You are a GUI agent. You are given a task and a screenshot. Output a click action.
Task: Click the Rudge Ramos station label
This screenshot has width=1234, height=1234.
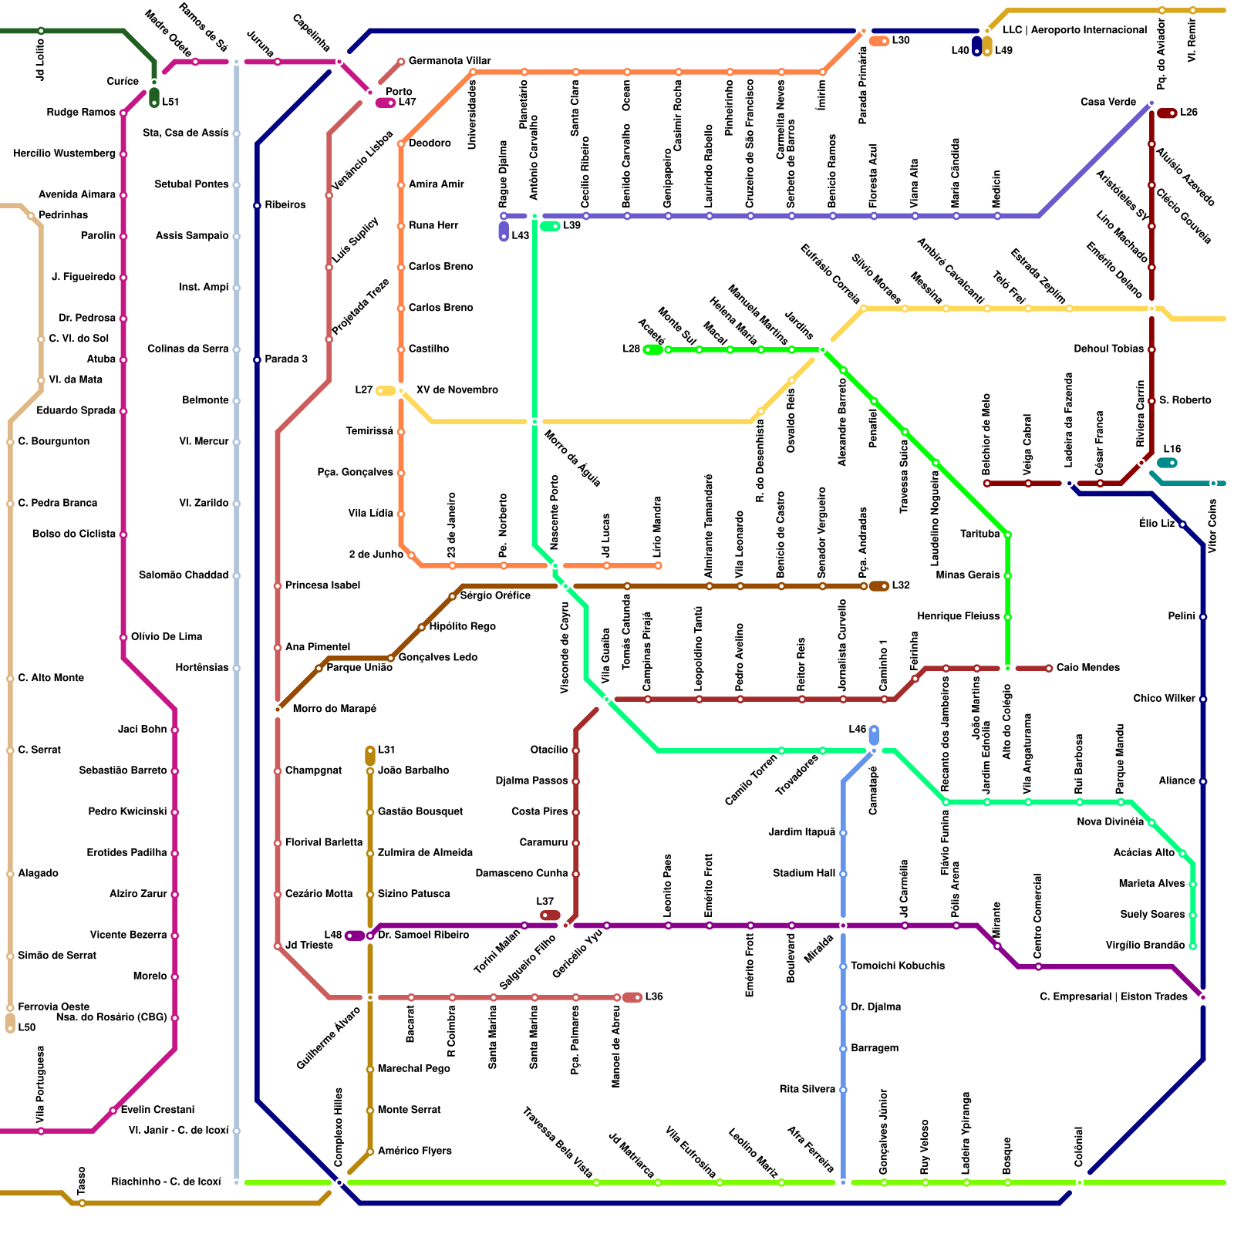[x=81, y=113]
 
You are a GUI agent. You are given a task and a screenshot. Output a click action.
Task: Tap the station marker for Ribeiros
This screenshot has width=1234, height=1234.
[x=257, y=206]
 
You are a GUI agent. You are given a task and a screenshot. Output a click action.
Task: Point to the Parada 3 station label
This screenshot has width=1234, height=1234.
[x=286, y=359]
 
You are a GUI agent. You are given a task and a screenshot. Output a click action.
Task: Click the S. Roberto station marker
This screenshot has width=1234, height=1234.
[x=1151, y=401]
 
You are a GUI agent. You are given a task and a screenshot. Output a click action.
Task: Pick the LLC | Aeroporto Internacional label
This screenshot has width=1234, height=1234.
[x=1074, y=30]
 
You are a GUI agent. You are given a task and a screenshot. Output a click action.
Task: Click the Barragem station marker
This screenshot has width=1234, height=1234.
[x=843, y=1049]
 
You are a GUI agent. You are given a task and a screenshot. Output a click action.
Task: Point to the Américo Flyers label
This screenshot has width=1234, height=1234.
[x=414, y=1151]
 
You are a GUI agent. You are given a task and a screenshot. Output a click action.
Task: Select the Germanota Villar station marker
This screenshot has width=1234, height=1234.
[x=401, y=62]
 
